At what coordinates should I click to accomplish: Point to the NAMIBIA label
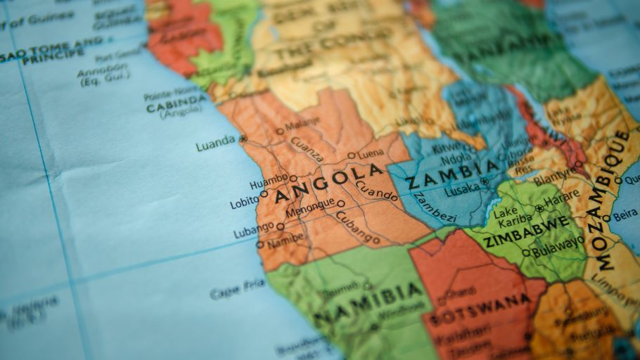click(x=370, y=303)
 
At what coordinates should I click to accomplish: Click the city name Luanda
click(x=215, y=142)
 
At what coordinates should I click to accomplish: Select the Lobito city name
click(x=244, y=203)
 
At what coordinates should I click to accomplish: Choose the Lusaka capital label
click(x=462, y=188)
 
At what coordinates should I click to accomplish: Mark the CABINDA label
click(x=176, y=107)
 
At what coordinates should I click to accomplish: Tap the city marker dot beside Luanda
click(x=243, y=139)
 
